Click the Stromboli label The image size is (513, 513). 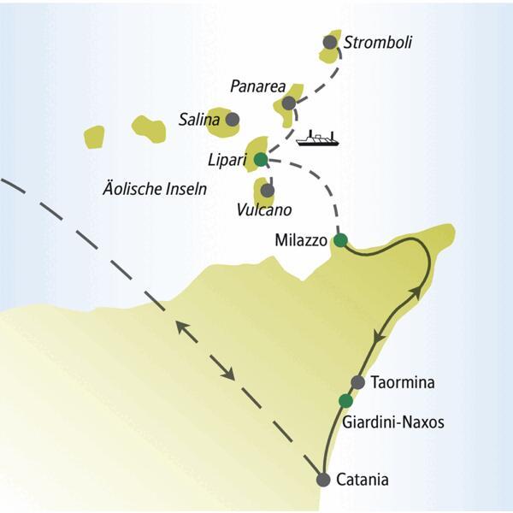click(377, 41)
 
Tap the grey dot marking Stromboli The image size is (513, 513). click(331, 42)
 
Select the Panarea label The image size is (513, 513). click(256, 85)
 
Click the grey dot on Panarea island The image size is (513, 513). click(289, 103)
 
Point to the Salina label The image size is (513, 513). click(200, 120)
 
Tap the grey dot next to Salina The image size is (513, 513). click(232, 120)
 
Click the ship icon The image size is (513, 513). click(316, 138)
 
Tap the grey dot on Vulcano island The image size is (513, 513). click(268, 190)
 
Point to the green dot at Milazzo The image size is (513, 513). click(340, 240)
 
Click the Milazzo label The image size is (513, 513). click(302, 241)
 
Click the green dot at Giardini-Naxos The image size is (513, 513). click(345, 401)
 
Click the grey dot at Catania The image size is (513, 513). click(323, 480)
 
